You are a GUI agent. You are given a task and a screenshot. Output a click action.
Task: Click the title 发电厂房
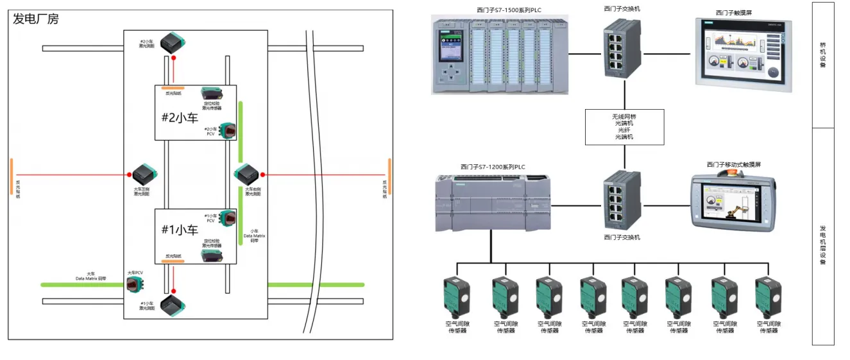tap(35, 19)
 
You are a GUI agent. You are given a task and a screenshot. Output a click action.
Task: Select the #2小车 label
tap(180, 117)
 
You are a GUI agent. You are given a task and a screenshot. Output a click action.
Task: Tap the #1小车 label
tap(180, 230)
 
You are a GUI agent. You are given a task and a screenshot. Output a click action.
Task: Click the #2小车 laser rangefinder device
tap(173, 43)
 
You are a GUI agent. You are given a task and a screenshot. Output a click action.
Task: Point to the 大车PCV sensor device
tap(135, 284)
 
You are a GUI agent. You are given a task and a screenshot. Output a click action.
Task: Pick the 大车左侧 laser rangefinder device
tap(144, 174)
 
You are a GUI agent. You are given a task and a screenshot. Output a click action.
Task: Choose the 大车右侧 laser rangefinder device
tap(246, 174)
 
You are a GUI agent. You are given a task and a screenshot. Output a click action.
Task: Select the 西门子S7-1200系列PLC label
tap(492, 167)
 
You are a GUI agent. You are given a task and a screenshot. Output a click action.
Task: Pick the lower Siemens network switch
tap(622, 200)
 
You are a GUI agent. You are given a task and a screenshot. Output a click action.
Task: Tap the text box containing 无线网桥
tap(624, 126)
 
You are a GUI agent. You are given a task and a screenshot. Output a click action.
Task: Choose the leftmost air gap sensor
tap(457, 296)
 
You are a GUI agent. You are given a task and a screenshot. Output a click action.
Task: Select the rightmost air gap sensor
tap(767, 296)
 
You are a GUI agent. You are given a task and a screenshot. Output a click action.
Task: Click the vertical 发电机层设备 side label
tap(823, 244)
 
